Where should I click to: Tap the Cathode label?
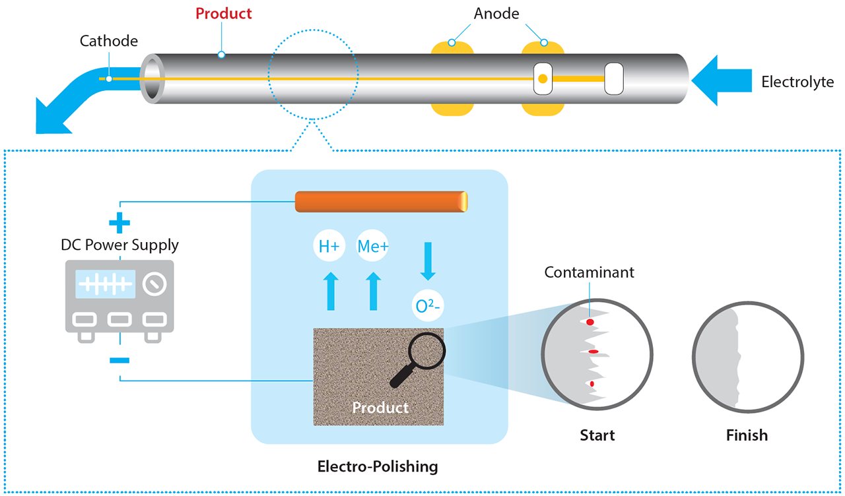109,41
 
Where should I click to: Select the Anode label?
496,13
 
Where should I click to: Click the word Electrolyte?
797,82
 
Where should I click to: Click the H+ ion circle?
329,247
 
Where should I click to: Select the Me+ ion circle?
373,247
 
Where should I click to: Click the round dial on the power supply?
154,284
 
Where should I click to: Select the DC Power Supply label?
119,245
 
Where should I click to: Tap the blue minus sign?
119,360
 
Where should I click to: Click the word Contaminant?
589,272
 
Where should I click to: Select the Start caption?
597,435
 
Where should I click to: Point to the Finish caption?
747,435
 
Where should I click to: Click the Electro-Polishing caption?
378,467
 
